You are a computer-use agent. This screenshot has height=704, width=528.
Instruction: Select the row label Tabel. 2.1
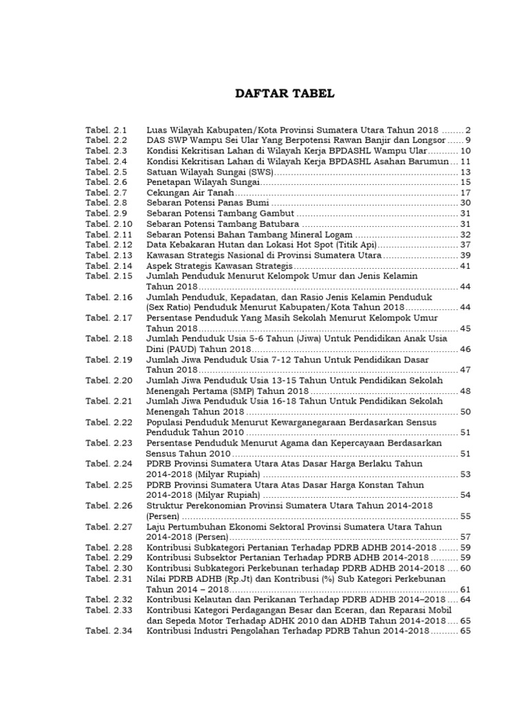pyautogui.click(x=107, y=130)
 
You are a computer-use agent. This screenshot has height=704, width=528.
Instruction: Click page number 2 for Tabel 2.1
pyautogui.click(x=467, y=130)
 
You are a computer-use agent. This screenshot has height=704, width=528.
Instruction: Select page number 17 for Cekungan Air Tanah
pyautogui.click(x=465, y=193)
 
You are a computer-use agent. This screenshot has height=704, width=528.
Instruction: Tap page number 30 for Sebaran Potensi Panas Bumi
pyautogui.click(x=465, y=203)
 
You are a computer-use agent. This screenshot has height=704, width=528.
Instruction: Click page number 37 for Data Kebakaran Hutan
pyautogui.click(x=465, y=245)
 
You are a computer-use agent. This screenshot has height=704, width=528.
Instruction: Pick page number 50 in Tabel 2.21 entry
pyautogui.click(x=465, y=412)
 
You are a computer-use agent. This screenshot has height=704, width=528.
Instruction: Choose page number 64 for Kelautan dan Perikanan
pyautogui.click(x=465, y=599)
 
